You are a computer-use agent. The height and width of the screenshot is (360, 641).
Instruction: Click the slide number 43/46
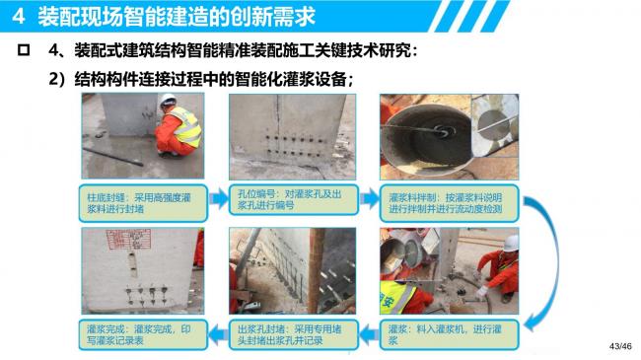point(619,346)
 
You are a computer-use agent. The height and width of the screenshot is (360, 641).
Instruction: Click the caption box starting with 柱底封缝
point(135,203)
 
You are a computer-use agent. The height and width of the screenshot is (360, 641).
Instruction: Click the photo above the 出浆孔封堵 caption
point(286,270)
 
